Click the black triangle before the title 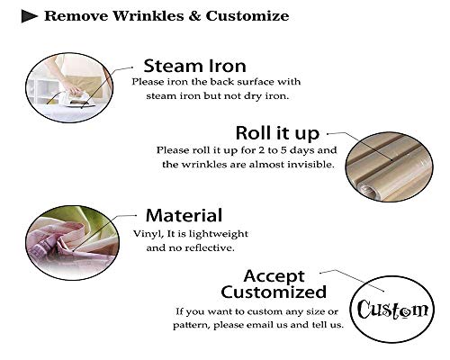[x=29, y=16]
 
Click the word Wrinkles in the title [x=148, y=16]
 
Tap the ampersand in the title [x=194, y=16]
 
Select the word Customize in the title [x=247, y=16]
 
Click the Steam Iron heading [x=194, y=66]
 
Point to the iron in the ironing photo [x=78, y=100]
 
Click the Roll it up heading [x=277, y=133]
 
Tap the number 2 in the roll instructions [x=261, y=150]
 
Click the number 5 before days [x=283, y=150]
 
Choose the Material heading [x=184, y=215]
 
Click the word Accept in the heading [x=274, y=276]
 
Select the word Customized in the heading [x=274, y=292]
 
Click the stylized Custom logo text [x=392, y=309]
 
